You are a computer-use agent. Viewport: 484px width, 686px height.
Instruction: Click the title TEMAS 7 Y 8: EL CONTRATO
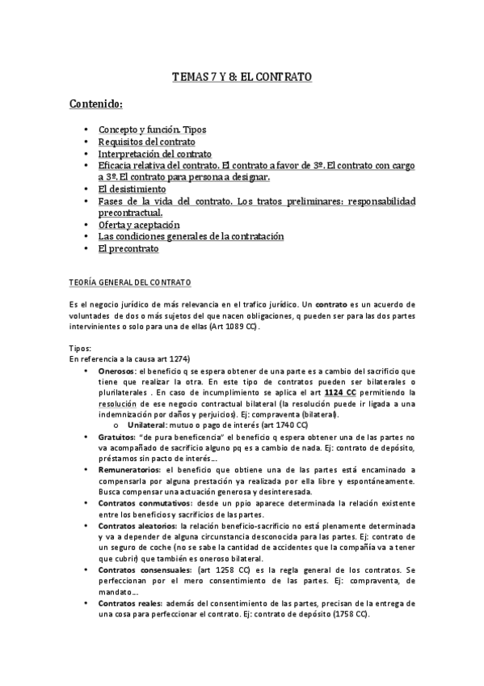(242, 78)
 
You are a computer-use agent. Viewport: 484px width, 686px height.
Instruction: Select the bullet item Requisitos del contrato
(146, 142)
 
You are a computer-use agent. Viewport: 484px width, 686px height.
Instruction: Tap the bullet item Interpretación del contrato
(154, 154)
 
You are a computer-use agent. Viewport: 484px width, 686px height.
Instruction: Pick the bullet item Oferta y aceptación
(138, 225)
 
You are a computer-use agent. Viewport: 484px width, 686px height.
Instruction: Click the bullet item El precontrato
(128, 249)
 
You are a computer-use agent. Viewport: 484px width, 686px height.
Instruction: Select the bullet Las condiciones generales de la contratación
(191, 237)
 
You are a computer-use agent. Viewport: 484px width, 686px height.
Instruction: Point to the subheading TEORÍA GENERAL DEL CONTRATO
(129, 282)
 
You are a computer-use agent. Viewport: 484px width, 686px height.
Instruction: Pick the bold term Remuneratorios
(129, 469)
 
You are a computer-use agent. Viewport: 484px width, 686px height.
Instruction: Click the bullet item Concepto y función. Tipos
(152, 129)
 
